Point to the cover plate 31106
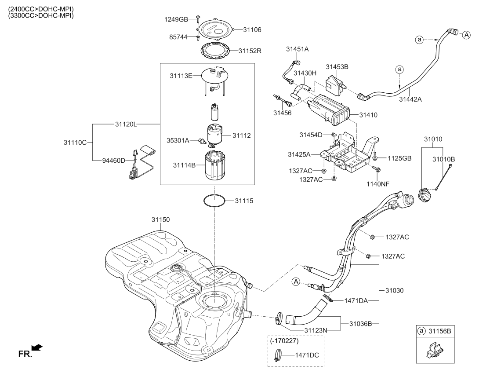click(215, 29)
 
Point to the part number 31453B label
click(337, 67)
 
